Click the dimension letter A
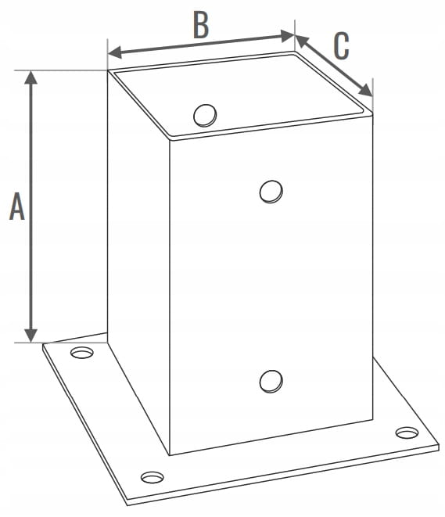pyautogui.click(x=16, y=206)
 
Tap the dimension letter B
pyautogui.click(x=201, y=26)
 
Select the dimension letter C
pyautogui.click(x=341, y=46)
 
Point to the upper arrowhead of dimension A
pyautogui.click(x=31, y=77)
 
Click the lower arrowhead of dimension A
pyautogui.click(x=31, y=336)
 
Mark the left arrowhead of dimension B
pyautogui.click(x=115, y=52)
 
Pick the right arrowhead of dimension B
pyautogui.click(x=287, y=36)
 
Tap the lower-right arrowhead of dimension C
pyautogui.click(x=366, y=91)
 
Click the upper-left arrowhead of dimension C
pyautogui.click(x=302, y=41)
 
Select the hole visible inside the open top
pyautogui.click(x=205, y=116)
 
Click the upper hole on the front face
pyautogui.click(x=271, y=192)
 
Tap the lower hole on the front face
pyautogui.click(x=271, y=381)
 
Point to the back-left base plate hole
pyautogui.click(x=82, y=353)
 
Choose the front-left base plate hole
pyautogui.click(x=152, y=477)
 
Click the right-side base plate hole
pyautogui.click(x=407, y=433)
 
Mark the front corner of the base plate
pyautogui.click(x=128, y=504)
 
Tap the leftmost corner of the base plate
pyautogui.click(x=43, y=344)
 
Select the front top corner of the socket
pyautogui.click(x=170, y=140)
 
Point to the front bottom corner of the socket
pyautogui.click(x=170, y=456)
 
